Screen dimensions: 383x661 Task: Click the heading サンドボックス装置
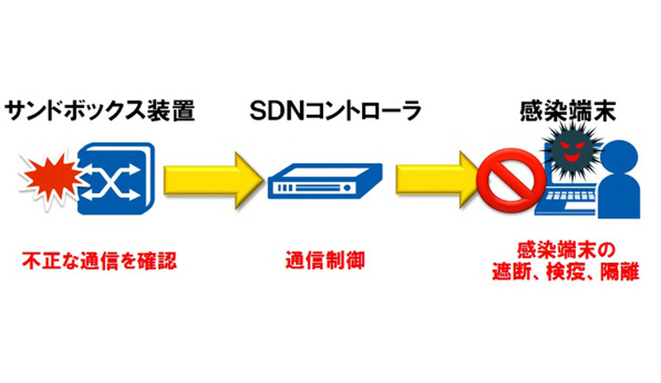click(101, 111)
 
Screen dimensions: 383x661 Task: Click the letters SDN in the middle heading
click(281, 111)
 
